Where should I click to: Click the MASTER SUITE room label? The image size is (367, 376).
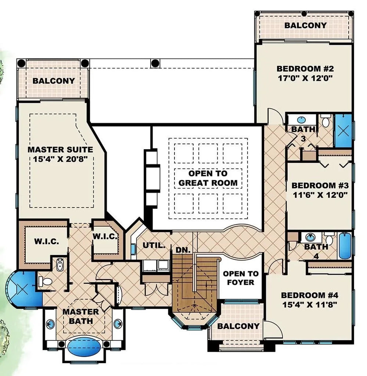(x=60, y=150)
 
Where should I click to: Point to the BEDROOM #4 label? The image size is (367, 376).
(x=309, y=295)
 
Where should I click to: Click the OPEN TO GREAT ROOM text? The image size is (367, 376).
(x=208, y=178)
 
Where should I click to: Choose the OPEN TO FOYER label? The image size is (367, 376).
(x=241, y=278)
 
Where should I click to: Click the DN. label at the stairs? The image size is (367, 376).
(x=183, y=250)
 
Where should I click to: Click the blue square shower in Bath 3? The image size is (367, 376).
(x=343, y=131)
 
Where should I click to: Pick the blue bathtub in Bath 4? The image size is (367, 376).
(x=345, y=246)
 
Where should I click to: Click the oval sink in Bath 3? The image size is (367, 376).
(x=301, y=120)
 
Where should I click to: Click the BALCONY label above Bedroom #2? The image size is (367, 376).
(x=305, y=25)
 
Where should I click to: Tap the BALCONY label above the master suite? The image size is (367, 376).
(x=53, y=81)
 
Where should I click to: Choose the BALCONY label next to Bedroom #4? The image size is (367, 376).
(x=238, y=326)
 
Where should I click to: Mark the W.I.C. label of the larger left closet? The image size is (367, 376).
(x=45, y=242)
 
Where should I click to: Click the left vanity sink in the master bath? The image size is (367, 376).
(x=51, y=324)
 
